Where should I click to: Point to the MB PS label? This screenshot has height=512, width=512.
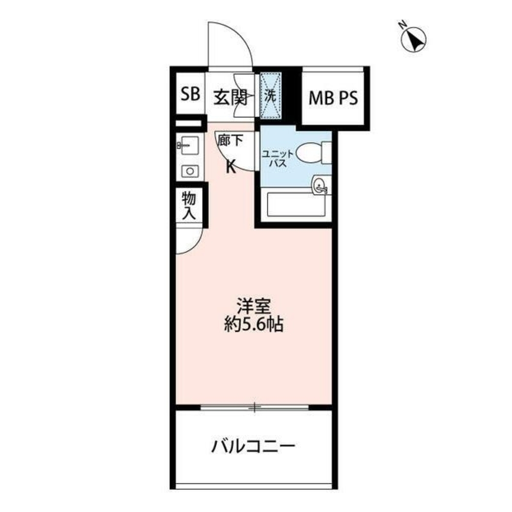point(332,97)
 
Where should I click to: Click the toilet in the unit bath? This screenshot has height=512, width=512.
point(311,152)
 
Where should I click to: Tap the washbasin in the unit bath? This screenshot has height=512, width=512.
point(321,185)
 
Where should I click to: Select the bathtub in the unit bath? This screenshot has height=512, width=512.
point(296,205)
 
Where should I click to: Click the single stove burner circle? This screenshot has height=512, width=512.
point(189,171)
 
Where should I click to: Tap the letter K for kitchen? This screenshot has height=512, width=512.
point(231,166)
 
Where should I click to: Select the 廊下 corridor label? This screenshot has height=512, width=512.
point(228,141)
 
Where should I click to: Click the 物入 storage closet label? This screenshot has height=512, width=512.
point(188,205)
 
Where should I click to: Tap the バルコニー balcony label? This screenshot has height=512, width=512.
point(253,447)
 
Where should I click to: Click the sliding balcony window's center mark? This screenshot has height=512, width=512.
point(254,408)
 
